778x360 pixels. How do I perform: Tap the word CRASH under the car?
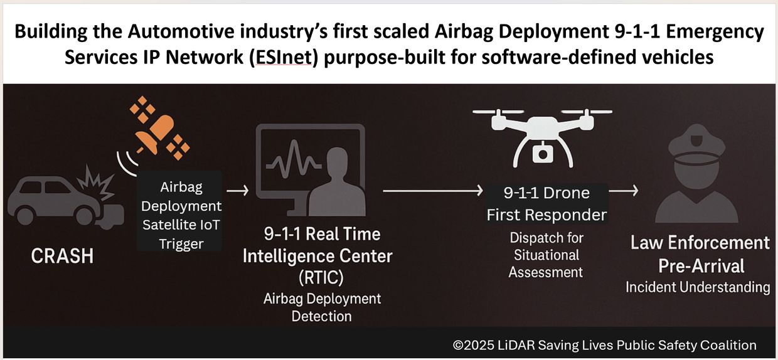[63, 256]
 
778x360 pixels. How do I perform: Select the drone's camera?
[542, 153]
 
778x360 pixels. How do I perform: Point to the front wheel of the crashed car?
[85, 215]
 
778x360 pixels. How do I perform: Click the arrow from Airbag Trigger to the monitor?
[238, 191]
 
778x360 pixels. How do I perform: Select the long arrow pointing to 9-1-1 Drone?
[433, 191]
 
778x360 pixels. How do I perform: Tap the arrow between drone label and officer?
[624, 191]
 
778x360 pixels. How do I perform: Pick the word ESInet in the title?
[284, 57]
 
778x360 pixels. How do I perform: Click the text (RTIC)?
[321, 278]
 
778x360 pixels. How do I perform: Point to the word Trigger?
[181, 245]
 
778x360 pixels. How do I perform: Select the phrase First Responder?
[546, 215]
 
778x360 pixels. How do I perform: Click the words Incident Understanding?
[698, 287]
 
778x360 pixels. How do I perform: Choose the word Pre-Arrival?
[701, 267]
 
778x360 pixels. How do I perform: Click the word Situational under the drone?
[546, 255]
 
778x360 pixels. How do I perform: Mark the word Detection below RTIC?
[321, 317]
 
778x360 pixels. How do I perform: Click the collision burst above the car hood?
[96, 183]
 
